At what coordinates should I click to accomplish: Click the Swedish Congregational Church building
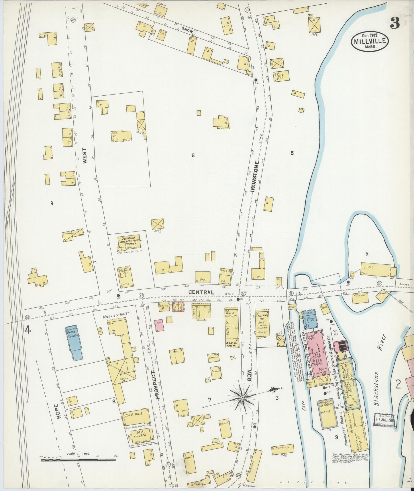click(130, 242)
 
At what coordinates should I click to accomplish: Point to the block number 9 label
click(52, 203)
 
